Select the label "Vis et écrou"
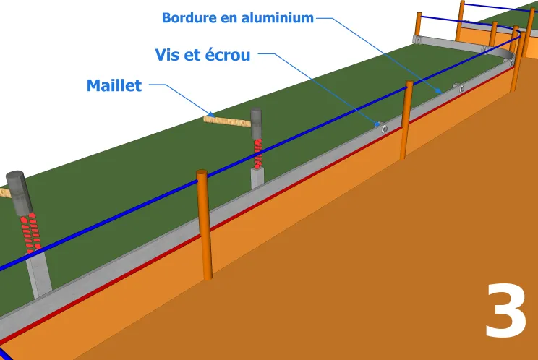202,55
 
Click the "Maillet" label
114,85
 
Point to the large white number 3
505,311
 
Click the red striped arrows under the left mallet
29,233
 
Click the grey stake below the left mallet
40,275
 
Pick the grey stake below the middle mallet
257,178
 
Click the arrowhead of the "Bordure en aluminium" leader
440,92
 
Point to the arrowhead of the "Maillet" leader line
210,113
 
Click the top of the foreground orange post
201,173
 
